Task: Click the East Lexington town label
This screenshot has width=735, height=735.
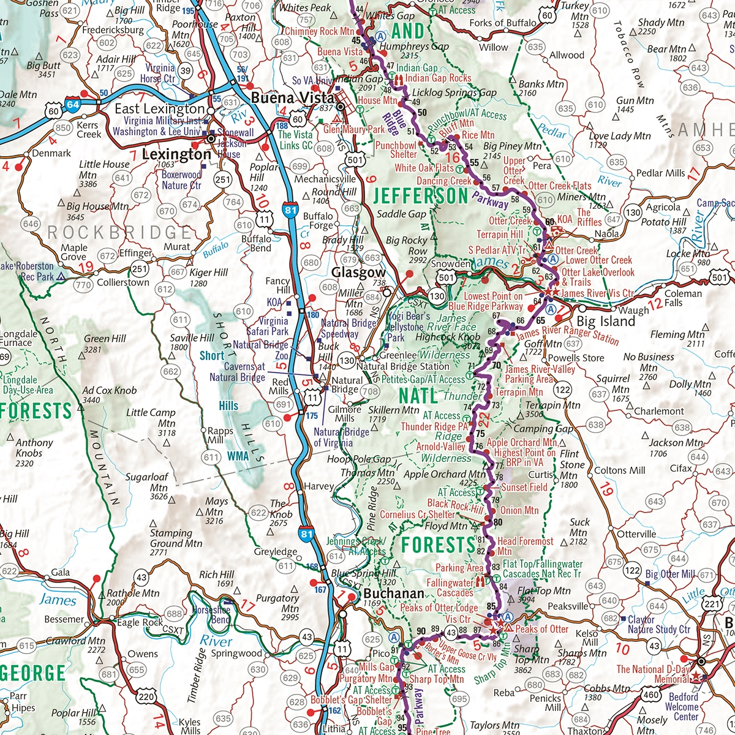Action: (x=160, y=108)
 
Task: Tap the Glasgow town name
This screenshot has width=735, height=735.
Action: (x=358, y=273)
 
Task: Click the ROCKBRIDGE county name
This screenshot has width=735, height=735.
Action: (x=119, y=233)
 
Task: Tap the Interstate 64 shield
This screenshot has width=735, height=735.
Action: (x=73, y=105)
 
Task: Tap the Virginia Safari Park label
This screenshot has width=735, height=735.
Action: (x=273, y=326)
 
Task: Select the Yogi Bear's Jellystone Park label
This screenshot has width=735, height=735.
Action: (x=407, y=326)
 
